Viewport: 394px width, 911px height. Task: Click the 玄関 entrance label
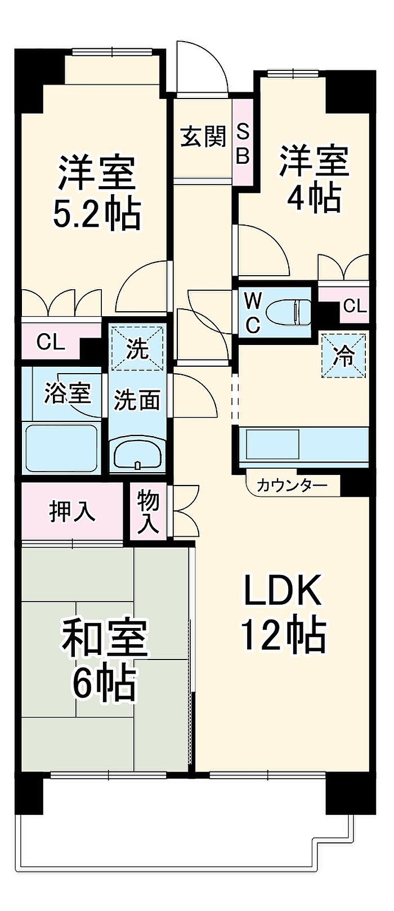(203, 137)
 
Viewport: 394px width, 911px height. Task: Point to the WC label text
(252, 313)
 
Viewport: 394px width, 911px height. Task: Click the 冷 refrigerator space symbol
(344, 356)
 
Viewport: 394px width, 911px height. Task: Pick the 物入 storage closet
(148, 511)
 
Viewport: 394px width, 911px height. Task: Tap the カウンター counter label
(292, 485)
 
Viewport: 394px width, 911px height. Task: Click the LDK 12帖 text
(283, 611)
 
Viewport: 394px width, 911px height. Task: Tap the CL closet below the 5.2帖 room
(51, 341)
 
